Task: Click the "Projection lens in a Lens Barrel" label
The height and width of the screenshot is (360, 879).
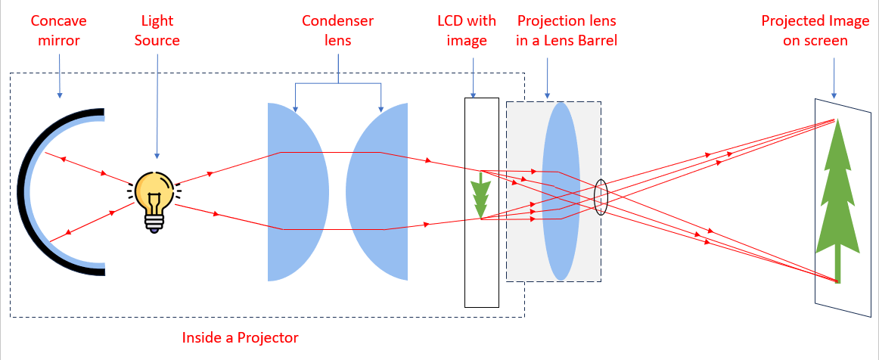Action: [x=567, y=30]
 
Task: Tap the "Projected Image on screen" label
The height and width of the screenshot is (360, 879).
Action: [x=815, y=30]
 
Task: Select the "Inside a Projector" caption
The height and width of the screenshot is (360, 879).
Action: [x=241, y=337]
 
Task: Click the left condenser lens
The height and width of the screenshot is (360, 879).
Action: [x=296, y=192]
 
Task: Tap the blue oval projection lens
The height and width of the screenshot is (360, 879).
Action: [x=561, y=192]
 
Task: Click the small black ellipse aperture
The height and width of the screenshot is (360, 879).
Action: [x=601, y=197]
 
